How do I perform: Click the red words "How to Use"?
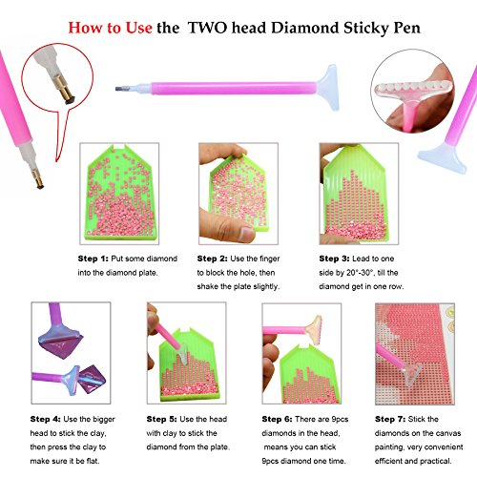(x=110, y=28)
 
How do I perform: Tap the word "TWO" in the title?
(x=207, y=28)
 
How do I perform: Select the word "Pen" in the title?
(x=407, y=28)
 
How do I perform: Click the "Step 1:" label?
(x=93, y=259)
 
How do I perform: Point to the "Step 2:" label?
(x=213, y=259)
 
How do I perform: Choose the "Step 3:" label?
(x=335, y=259)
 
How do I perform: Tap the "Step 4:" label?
(x=46, y=419)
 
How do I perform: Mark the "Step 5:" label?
(x=162, y=419)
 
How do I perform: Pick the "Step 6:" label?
(x=278, y=419)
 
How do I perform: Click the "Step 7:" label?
(x=390, y=419)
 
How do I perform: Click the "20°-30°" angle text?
(x=361, y=273)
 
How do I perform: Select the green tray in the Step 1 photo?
(x=120, y=194)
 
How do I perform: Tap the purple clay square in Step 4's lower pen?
(x=92, y=380)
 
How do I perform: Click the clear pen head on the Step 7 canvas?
(x=411, y=374)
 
